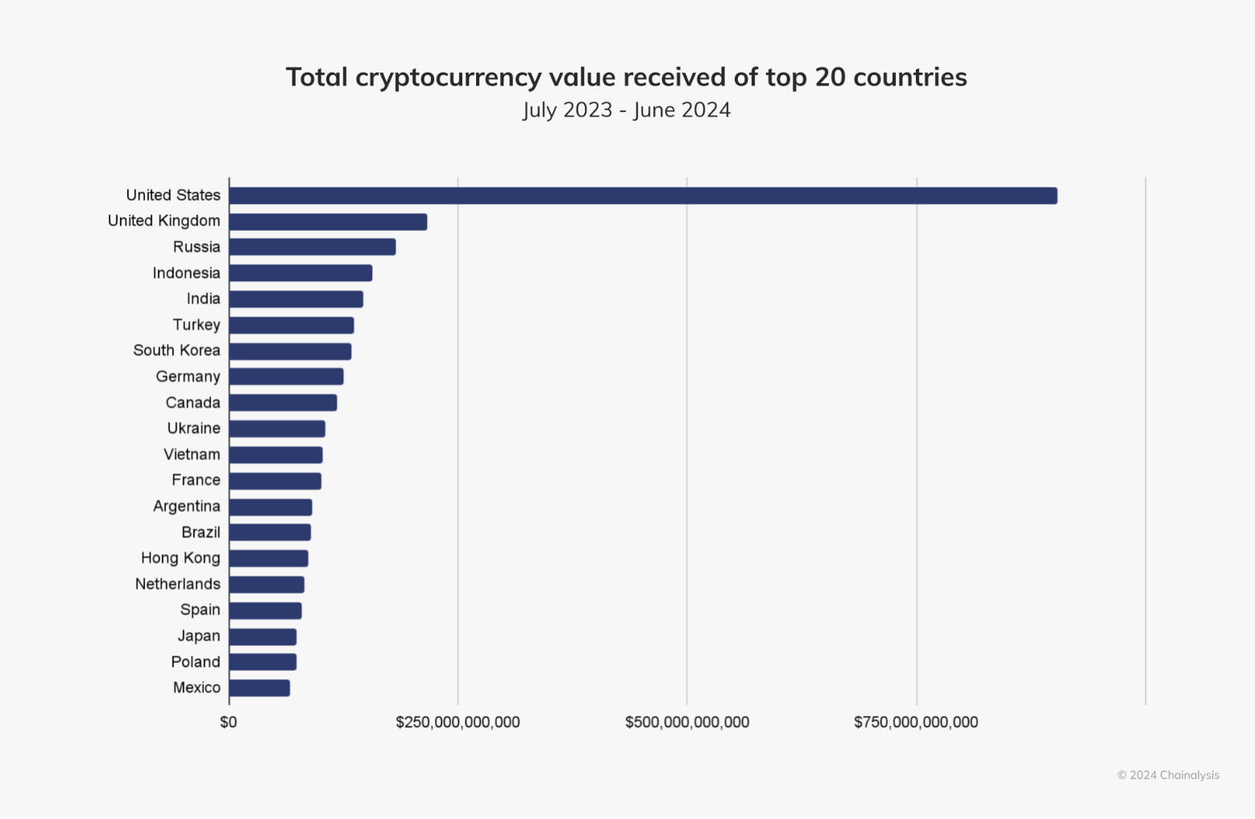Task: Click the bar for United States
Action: click(x=643, y=196)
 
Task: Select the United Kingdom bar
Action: click(x=328, y=222)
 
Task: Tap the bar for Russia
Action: click(x=313, y=247)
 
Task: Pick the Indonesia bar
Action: click(x=300, y=273)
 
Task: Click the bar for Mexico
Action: click(x=259, y=688)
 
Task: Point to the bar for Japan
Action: click(x=263, y=637)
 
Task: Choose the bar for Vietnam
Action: click(x=275, y=455)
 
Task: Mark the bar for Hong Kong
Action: click(x=268, y=559)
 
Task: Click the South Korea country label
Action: click(x=176, y=351)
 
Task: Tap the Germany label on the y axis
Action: click(x=188, y=377)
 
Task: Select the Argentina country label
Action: click(x=186, y=507)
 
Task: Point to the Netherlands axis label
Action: click(x=177, y=584)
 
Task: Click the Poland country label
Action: click(x=195, y=663)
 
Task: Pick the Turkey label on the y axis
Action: click(x=196, y=325)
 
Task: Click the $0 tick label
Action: click(x=229, y=722)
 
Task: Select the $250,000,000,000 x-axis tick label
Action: click(x=458, y=722)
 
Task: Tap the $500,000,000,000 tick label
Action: click(x=687, y=722)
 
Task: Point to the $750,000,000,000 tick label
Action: click(x=916, y=722)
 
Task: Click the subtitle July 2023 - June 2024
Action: click(x=627, y=110)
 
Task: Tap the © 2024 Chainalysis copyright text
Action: click(x=1168, y=775)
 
